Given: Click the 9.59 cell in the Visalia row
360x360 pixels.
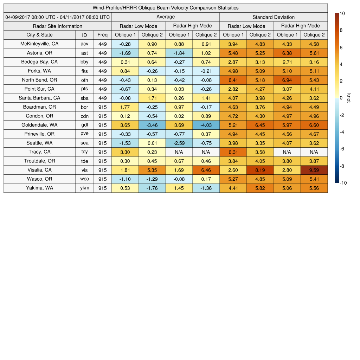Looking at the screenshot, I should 314,170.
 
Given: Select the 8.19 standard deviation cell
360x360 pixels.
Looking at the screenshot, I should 260,170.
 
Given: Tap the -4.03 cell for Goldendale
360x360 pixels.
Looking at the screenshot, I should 206,125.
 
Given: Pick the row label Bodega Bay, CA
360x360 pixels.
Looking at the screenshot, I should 39,62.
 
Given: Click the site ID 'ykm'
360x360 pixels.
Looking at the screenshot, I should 84,188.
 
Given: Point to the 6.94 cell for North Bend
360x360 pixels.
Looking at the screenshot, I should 287,80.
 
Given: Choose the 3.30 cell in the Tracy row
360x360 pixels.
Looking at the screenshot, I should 125,152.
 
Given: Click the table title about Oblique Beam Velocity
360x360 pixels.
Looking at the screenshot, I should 166,8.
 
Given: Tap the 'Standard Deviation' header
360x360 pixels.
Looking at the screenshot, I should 274,17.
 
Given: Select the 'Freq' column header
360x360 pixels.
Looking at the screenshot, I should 102,35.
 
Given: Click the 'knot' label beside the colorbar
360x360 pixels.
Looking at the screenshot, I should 349,98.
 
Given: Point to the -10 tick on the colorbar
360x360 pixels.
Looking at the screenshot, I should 344,183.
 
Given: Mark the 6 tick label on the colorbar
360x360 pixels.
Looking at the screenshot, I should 341,47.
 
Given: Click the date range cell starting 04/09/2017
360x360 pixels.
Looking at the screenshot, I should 58,17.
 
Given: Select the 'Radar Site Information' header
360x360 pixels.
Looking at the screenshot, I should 58,26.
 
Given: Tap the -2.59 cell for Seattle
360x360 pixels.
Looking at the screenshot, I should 179,143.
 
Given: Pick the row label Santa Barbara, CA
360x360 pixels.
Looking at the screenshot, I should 39,98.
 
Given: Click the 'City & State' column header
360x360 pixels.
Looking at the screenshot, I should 39,35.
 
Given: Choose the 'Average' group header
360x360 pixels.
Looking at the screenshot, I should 166,17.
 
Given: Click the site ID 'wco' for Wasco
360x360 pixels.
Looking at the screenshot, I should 84,179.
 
